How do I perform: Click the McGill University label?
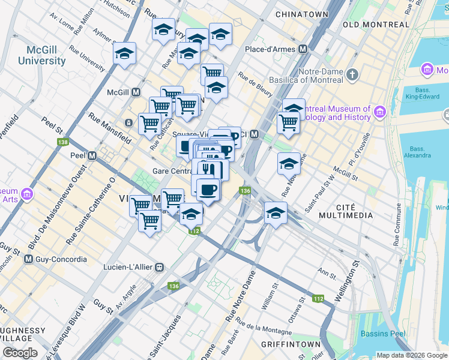pyautogui.click(x=41, y=56)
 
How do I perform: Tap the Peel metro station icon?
pyautogui.click(x=92, y=155)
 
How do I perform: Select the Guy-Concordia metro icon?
pyautogui.click(x=28, y=260)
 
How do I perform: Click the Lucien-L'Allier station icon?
pyautogui.click(x=159, y=267)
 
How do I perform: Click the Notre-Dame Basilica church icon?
pyautogui.click(x=352, y=75)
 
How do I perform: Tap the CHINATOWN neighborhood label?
pyautogui.click(x=301, y=14)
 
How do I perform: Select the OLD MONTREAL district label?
pyautogui.click(x=375, y=25)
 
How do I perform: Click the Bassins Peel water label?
pyautogui.click(x=382, y=334)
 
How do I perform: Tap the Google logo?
pyautogui.click(x=20, y=353)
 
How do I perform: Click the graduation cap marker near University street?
pyautogui.click(x=125, y=53)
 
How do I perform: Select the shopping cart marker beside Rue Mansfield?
pyautogui.click(x=149, y=124)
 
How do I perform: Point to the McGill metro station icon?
pyautogui.click(x=136, y=92)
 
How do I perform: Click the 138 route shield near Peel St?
pyautogui.click(x=62, y=142)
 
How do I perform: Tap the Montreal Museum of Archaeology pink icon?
pyautogui.click(x=379, y=112)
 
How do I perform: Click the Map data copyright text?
pyautogui.click(x=411, y=355)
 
